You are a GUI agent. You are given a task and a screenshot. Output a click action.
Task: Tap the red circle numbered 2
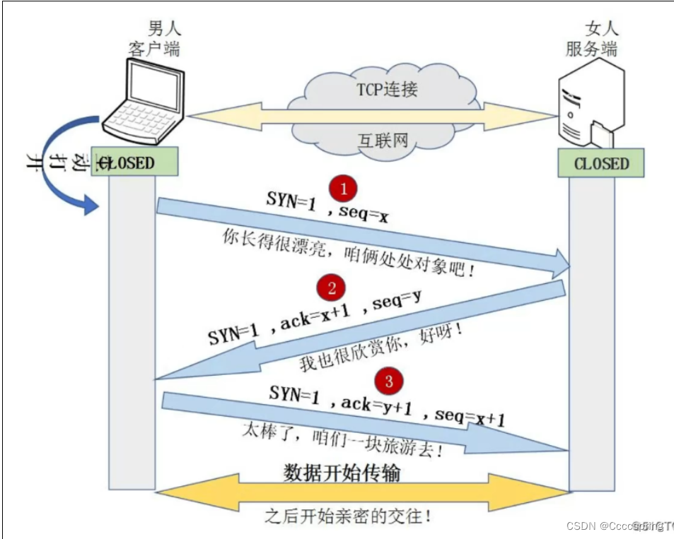point(331,288)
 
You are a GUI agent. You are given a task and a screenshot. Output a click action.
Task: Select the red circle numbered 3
point(388,381)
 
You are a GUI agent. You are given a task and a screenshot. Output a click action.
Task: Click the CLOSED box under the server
point(600,164)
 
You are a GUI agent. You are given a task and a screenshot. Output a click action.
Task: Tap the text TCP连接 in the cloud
point(386,90)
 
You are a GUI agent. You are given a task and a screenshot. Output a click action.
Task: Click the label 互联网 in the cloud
point(383,139)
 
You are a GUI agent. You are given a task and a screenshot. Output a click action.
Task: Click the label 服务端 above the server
point(591,49)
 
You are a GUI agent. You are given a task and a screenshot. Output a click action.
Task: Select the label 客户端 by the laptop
point(154,49)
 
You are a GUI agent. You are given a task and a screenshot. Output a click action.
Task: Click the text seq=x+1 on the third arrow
point(470,417)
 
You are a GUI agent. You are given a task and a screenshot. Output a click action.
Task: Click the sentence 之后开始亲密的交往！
point(348,516)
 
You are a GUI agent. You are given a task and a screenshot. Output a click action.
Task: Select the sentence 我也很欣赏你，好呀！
point(381,347)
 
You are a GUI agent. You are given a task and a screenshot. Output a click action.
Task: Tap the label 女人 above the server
point(602,28)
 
